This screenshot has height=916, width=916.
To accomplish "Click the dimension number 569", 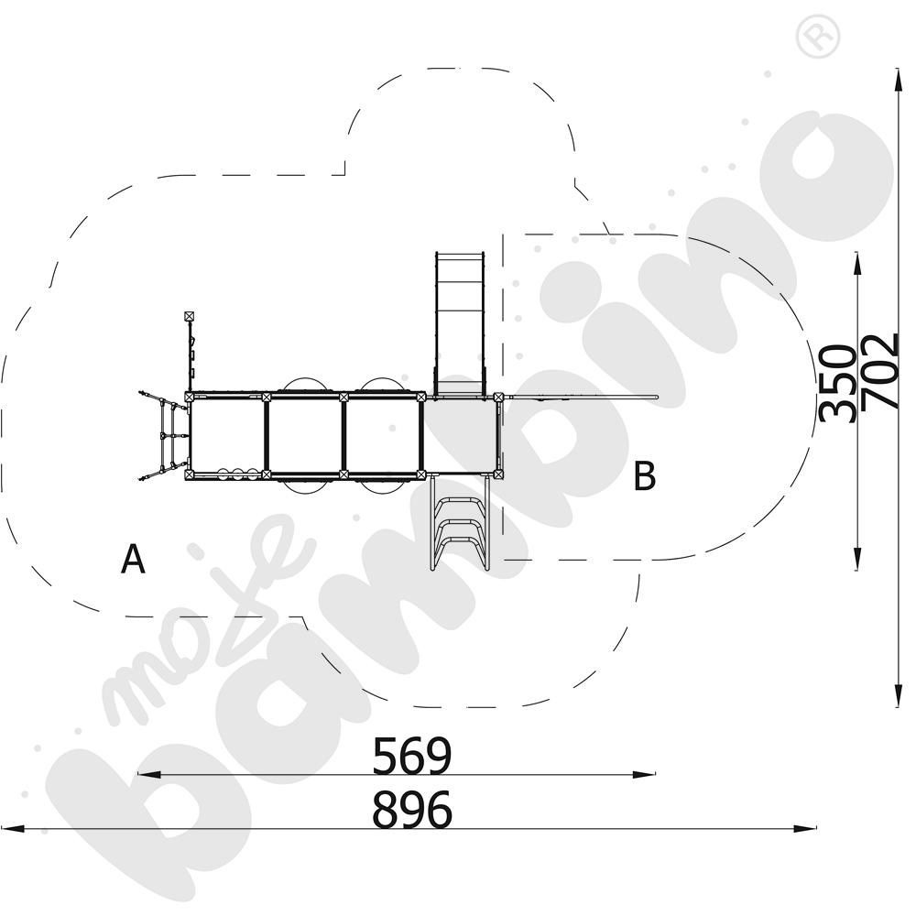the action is click(x=412, y=756).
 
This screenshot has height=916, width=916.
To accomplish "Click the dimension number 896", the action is click(x=412, y=810).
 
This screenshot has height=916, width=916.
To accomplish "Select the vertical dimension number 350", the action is click(x=836, y=383).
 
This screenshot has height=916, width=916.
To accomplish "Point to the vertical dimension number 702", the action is click(x=879, y=372).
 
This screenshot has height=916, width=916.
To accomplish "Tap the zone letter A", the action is click(x=133, y=559).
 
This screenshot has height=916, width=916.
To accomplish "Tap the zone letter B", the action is click(x=645, y=475).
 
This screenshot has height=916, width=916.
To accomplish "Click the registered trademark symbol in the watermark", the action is click(x=818, y=37).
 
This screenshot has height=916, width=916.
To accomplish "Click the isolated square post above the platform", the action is click(x=189, y=317).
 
